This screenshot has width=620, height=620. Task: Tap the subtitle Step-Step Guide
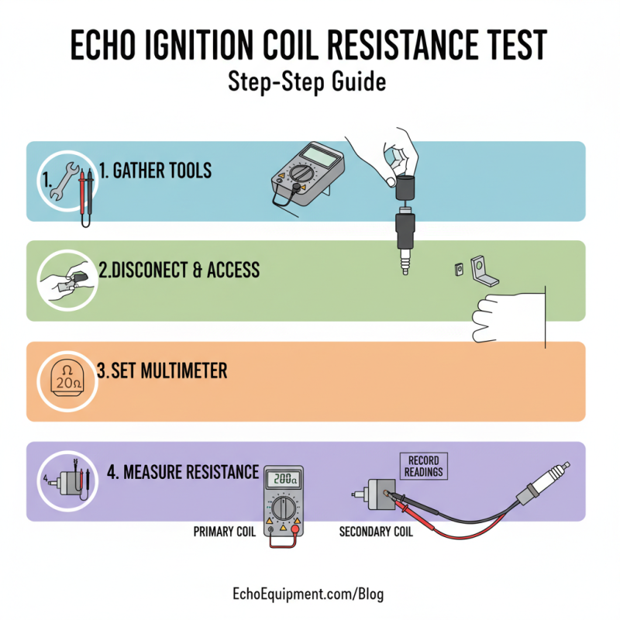(x=307, y=81)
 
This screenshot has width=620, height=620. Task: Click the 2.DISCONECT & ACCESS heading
(x=178, y=270)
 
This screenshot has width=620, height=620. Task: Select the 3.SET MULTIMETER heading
(x=162, y=370)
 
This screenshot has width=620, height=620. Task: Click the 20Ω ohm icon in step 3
(x=64, y=380)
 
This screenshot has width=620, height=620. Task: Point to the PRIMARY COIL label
(x=226, y=532)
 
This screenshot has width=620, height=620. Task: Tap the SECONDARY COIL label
(x=377, y=532)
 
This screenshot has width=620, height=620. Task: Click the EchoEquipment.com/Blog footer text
(x=308, y=595)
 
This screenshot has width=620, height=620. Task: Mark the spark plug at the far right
(x=551, y=477)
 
